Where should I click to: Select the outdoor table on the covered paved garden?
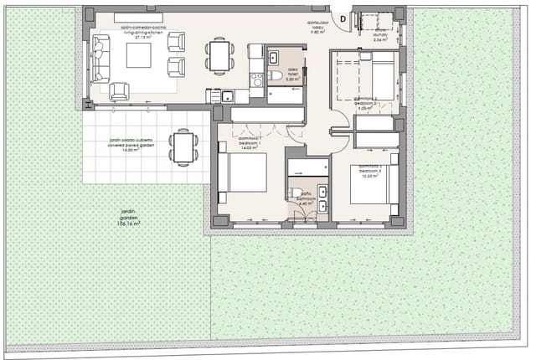(183, 147)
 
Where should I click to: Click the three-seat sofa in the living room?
(101, 57)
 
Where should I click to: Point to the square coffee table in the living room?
(138, 55)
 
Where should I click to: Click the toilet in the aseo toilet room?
(276, 77)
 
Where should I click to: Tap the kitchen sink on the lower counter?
(225, 95)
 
